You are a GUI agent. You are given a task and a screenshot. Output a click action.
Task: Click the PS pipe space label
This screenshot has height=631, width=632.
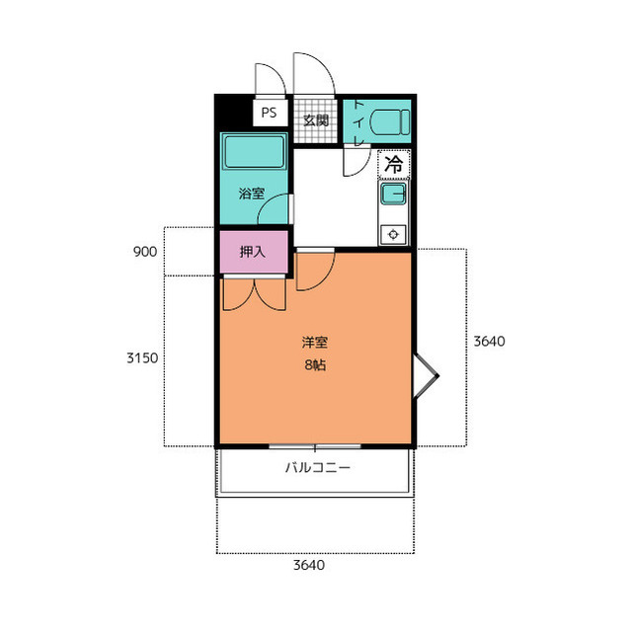pyautogui.click(x=269, y=113)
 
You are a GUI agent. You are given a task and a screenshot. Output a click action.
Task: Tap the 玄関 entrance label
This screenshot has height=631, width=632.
pyautogui.click(x=316, y=120)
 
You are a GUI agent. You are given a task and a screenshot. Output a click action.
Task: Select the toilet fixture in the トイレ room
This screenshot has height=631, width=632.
pyautogui.click(x=389, y=122)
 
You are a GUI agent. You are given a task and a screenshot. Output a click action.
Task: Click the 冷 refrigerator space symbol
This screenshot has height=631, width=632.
pyautogui.click(x=394, y=164)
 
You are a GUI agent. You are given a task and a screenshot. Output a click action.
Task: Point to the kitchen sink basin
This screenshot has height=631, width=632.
pyautogui.click(x=393, y=195)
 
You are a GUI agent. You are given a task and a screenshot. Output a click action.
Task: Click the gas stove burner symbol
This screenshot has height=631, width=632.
pyautogui.click(x=393, y=234)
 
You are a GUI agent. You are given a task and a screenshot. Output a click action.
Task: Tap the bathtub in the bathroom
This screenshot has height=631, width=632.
pyautogui.click(x=254, y=152)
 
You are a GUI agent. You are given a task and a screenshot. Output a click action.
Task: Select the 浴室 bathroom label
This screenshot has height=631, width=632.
pyautogui.click(x=252, y=194)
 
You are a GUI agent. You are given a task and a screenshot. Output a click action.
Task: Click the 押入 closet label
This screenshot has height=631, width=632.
pyautogui.click(x=253, y=252)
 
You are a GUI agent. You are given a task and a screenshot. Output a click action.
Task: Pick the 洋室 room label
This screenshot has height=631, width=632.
pyautogui.click(x=315, y=343)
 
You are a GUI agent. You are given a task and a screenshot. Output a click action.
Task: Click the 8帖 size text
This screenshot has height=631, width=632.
pyautogui.click(x=315, y=365)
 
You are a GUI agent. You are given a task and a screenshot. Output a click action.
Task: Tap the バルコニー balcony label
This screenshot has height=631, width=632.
pyautogui.click(x=318, y=468)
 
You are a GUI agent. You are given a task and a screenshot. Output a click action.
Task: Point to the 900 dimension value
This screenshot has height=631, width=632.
pyautogui.click(x=145, y=252)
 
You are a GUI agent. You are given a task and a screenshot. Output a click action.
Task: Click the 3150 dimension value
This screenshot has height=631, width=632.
pyautogui.click(x=142, y=357)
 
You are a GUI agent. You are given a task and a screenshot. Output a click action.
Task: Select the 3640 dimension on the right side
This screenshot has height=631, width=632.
pyautogui.click(x=489, y=342)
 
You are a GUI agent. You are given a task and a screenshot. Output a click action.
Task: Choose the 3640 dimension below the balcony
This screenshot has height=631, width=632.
pyautogui.click(x=309, y=565)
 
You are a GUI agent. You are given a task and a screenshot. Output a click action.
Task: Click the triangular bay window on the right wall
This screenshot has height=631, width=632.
pyautogui.click(x=427, y=376)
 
